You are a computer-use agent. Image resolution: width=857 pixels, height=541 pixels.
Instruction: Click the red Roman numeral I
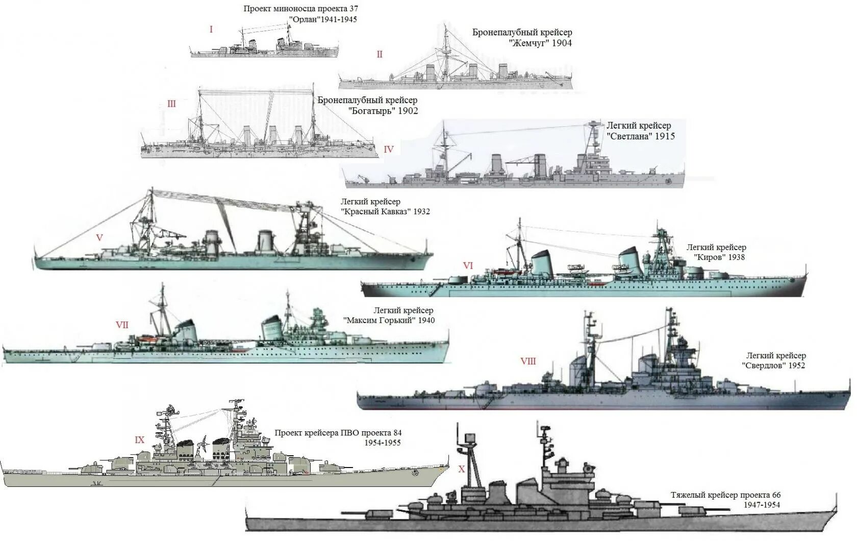211,30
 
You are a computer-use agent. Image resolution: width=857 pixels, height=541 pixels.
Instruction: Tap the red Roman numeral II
380,54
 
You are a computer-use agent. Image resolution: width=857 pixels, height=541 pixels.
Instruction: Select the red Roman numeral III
171,104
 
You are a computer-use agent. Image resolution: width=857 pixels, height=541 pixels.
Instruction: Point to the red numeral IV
389,150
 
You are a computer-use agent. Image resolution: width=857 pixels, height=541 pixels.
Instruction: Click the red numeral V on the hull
99,237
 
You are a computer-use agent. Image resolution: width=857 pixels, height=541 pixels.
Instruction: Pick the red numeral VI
468,265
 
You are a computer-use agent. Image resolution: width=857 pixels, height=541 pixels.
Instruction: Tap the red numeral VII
122,325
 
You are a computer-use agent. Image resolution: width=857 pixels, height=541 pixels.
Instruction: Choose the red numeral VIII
528,361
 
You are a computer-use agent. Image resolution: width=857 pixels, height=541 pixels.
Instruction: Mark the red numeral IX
139,440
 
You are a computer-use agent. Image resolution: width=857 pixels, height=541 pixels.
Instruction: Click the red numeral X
462,469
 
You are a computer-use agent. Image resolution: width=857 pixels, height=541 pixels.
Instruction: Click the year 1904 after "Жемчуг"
561,43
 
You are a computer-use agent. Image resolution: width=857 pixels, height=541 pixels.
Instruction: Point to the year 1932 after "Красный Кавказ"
421,211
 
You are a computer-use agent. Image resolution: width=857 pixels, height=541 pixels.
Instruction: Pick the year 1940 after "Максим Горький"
426,320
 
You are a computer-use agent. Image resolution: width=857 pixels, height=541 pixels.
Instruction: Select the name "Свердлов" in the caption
762,365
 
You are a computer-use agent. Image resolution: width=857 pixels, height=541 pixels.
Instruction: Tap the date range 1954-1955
383,442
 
